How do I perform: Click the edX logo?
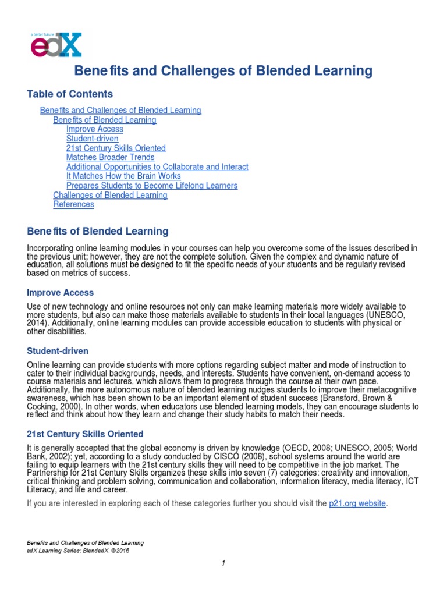click(56, 45)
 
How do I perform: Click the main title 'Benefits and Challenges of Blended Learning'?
click(223, 71)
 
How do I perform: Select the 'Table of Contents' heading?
click(70, 94)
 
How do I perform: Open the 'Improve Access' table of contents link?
click(95, 129)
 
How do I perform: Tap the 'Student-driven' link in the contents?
click(92, 139)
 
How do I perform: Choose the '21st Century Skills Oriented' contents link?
click(116, 148)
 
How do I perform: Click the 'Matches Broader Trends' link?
click(110, 157)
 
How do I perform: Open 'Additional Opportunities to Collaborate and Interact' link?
click(157, 166)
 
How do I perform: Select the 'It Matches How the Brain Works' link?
click(123, 176)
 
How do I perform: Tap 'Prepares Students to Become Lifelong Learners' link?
click(152, 186)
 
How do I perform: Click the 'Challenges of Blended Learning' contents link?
click(110, 195)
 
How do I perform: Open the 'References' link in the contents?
click(73, 204)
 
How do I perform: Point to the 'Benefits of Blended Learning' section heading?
click(98, 231)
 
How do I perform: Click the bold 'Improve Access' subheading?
click(61, 292)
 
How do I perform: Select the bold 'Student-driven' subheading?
click(58, 351)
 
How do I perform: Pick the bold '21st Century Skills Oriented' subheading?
click(85, 434)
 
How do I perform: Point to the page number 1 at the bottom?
click(223, 563)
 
